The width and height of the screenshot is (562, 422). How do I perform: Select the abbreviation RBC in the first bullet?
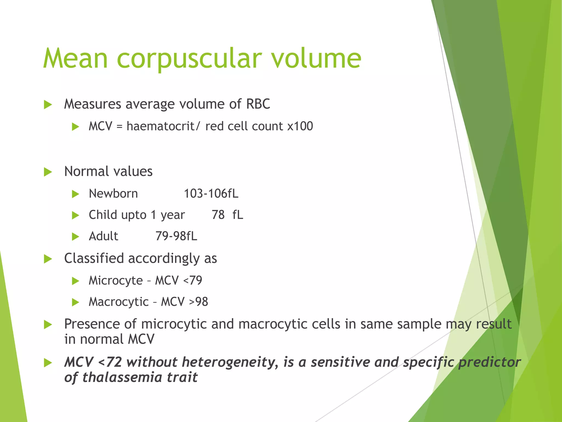pyautogui.click(x=258, y=104)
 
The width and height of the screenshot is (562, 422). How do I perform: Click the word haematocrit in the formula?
pyautogui.click(x=161, y=126)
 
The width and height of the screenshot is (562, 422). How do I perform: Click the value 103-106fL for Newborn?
pyautogui.click(x=211, y=194)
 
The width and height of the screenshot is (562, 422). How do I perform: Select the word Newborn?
pyautogui.click(x=113, y=194)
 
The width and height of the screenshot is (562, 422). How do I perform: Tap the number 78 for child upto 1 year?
pyautogui.click(x=218, y=215)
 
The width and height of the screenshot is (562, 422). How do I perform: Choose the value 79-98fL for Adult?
pyautogui.click(x=176, y=236)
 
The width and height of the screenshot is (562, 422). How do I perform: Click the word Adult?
pyautogui.click(x=103, y=236)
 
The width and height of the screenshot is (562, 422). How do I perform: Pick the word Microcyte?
pyautogui.click(x=116, y=281)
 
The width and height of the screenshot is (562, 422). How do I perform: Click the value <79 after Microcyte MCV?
pyautogui.click(x=193, y=281)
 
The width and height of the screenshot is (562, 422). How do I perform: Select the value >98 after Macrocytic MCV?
pyautogui.click(x=199, y=302)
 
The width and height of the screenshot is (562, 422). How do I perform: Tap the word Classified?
pyautogui.click(x=94, y=259)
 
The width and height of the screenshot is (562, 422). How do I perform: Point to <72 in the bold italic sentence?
pyautogui.click(x=109, y=362)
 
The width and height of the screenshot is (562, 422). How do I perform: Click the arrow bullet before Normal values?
pyautogui.click(x=48, y=172)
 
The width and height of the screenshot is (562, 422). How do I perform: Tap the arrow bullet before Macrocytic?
pyautogui.click(x=75, y=302)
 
